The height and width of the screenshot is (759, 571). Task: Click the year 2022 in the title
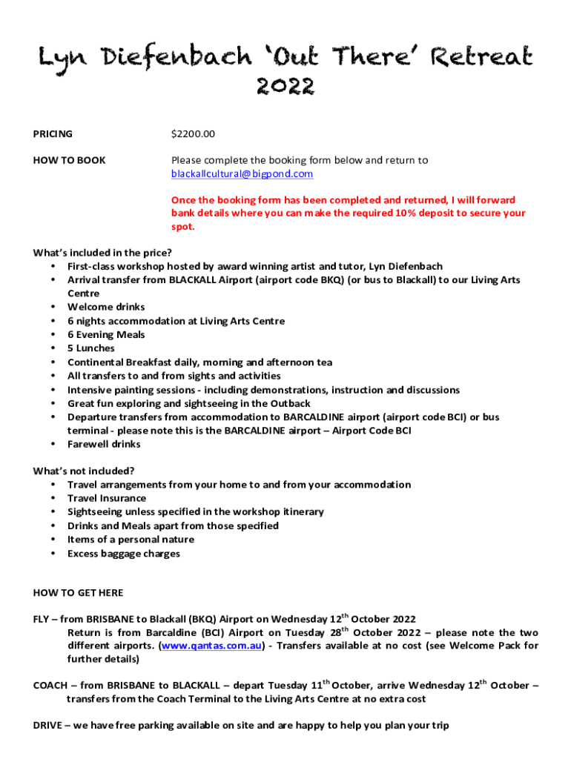tap(285, 87)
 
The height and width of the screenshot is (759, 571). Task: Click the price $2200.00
tap(193, 134)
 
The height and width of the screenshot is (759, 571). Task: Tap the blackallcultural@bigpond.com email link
tap(242, 174)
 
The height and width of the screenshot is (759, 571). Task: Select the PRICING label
tap(53, 134)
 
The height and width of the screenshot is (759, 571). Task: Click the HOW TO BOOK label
tap(70, 160)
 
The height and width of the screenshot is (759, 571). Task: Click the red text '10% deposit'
tap(423, 213)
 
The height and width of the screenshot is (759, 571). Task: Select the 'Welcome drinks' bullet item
tap(106, 307)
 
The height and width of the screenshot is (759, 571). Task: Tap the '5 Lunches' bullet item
tap(91, 348)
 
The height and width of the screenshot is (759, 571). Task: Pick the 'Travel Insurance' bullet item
tap(107, 498)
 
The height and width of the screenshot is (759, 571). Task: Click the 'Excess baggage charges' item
tap(124, 554)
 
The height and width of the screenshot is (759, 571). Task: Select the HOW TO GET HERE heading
tap(79, 593)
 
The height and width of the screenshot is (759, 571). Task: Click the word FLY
tap(42, 619)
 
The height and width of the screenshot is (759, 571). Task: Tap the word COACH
tap(50, 686)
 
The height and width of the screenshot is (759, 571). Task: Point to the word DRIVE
tap(47, 726)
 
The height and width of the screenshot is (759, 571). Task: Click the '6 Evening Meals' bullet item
tap(106, 335)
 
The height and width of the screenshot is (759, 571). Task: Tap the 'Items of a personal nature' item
tap(131, 540)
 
